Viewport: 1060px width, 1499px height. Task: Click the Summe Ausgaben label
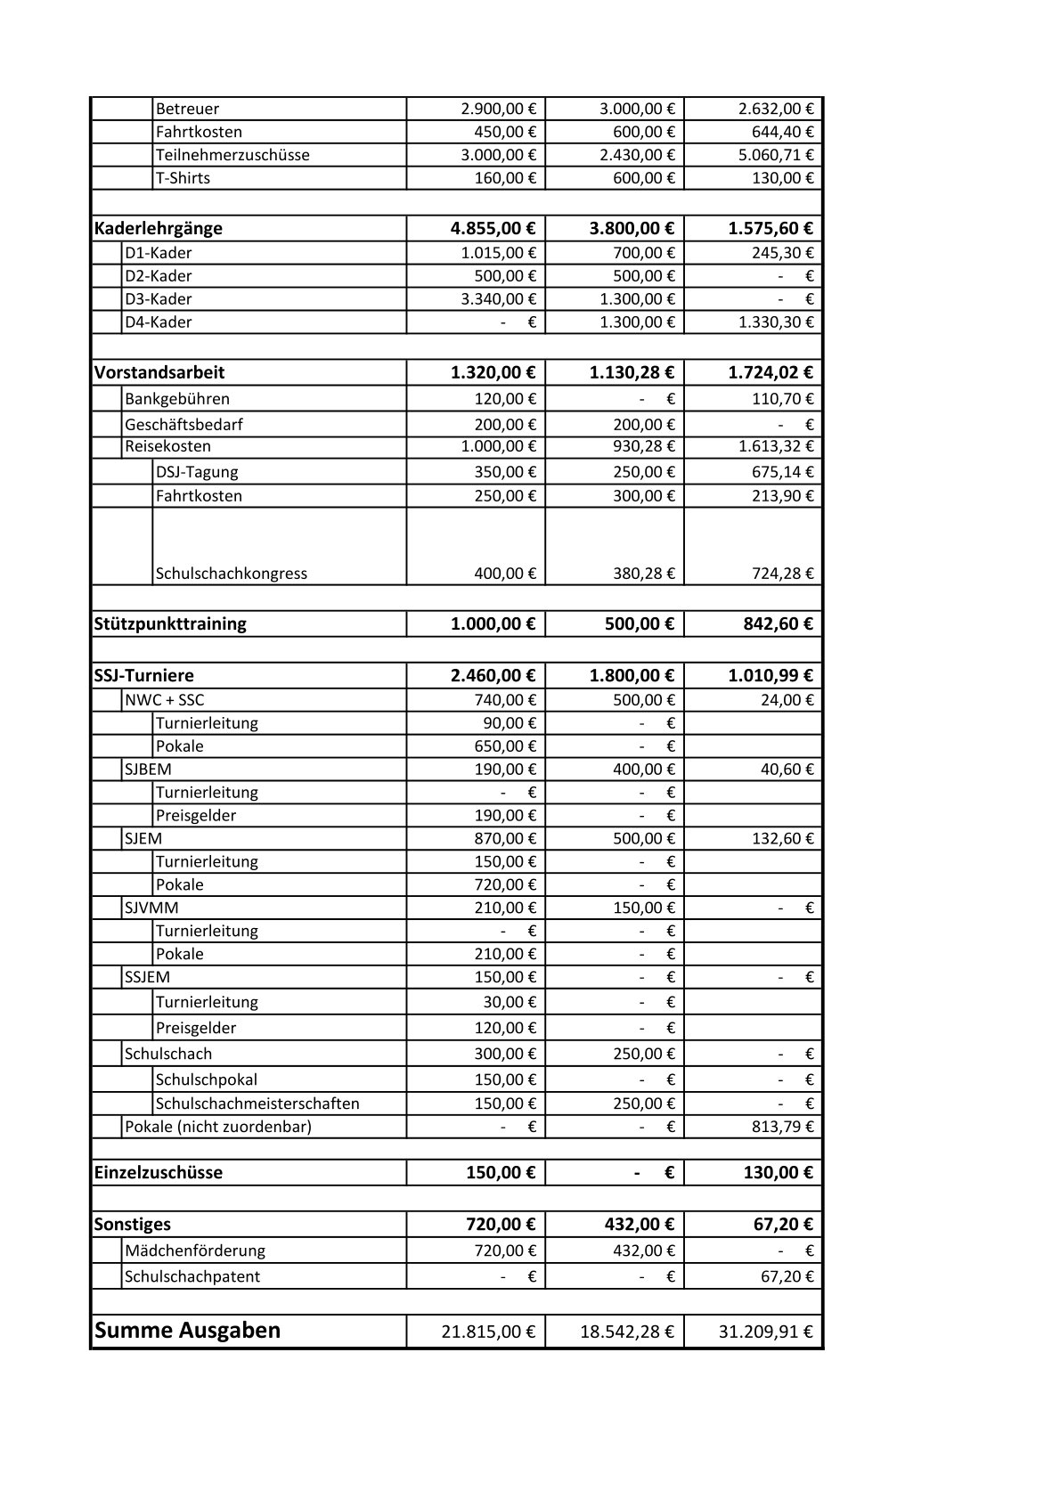[187, 1331]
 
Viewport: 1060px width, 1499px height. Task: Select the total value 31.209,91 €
[766, 1332]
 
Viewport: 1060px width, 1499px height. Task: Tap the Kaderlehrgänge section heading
[159, 229]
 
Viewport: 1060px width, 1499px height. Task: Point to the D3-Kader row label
[159, 299]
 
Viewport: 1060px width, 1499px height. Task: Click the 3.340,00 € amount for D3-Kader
[499, 299]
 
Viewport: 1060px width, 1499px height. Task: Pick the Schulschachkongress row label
[232, 574]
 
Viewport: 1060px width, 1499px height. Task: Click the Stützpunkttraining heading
[170, 624]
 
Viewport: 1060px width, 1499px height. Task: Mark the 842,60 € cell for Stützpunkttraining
[779, 624]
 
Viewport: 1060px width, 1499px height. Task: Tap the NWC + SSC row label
[165, 700]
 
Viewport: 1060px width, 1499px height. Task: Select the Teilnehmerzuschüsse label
[232, 155]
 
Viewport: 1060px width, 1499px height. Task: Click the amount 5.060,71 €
[776, 155]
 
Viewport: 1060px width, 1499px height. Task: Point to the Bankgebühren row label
[177, 399]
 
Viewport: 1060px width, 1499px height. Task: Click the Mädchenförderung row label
[195, 1251]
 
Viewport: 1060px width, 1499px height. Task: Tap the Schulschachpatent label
[192, 1276]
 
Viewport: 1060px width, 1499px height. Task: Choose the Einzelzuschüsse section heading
[159, 1173]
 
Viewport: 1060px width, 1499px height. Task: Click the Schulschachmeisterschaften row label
[257, 1104]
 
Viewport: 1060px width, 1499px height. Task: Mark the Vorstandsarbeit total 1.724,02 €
[771, 373]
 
